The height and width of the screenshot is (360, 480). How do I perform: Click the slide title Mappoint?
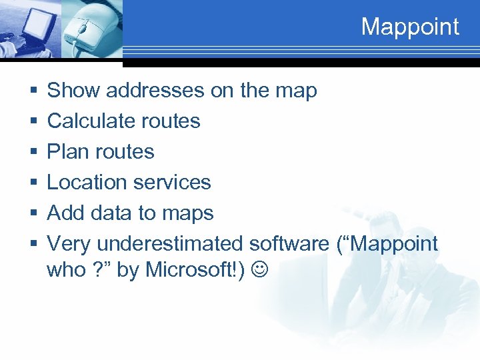click(410, 27)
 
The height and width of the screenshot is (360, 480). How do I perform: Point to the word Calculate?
click(83, 121)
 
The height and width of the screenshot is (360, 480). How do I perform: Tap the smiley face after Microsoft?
click(258, 270)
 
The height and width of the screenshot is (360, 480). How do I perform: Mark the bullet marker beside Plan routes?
click(33, 152)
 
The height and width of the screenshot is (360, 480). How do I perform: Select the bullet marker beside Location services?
click(33, 183)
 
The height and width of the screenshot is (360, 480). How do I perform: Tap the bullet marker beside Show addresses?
click(33, 91)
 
